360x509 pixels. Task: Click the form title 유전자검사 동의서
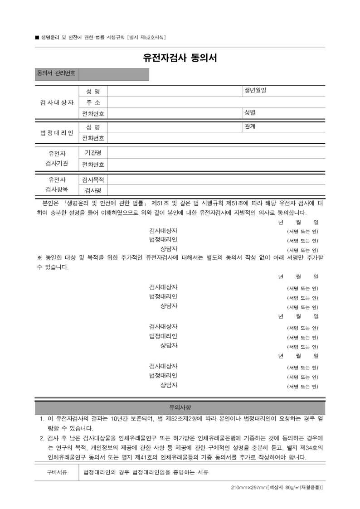180,58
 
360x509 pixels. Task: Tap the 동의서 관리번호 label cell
56,73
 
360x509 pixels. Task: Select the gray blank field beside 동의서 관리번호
114,74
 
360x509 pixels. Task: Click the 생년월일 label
255,90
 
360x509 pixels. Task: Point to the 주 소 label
93,102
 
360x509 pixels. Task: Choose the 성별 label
250,112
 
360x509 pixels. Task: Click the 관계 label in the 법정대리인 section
249,126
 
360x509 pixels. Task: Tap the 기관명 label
93,152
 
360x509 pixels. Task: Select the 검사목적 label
93,180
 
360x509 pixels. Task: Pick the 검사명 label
93,190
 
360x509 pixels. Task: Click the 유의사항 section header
180,407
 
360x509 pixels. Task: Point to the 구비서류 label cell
57,472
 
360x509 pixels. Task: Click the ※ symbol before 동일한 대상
39,258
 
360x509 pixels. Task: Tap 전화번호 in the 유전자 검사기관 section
93,165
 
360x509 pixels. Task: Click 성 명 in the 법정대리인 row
93,126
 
